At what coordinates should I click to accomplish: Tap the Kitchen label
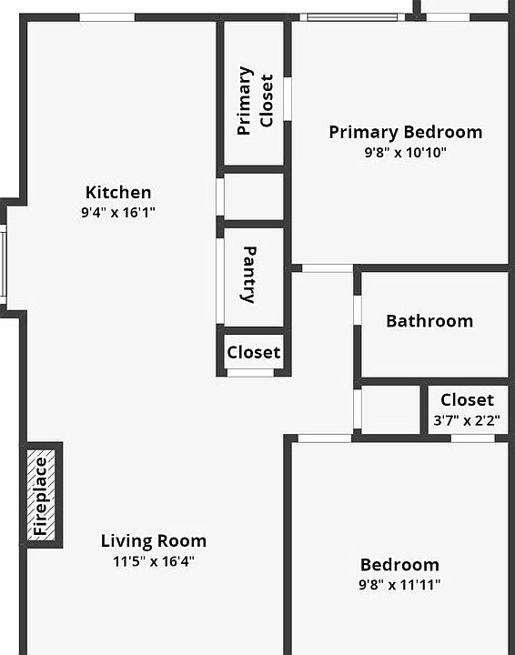[x=118, y=193]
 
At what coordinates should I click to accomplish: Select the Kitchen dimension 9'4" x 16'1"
[x=118, y=213]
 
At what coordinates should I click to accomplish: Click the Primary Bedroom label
[x=405, y=133]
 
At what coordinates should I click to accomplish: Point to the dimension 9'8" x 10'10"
[x=405, y=153]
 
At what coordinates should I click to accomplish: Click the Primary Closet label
[x=255, y=100]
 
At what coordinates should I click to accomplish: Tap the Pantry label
[x=249, y=274]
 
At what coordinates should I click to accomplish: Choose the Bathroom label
[x=429, y=321]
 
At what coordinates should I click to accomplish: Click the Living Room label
[x=153, y=541]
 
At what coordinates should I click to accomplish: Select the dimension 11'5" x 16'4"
[x=153, y=561]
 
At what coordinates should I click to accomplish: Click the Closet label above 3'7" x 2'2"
[x=468, y=400]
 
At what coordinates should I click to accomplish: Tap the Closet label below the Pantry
[x=254, y=353]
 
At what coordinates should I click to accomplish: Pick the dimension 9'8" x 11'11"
[x=399, y=585]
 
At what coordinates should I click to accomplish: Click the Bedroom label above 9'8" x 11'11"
[x=399, y=565]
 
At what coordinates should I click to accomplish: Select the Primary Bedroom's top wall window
[x=353, y=16]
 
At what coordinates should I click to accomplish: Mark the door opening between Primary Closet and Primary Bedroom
[x=288, y=98]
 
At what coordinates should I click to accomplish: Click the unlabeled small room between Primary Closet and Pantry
[x=254, y=196]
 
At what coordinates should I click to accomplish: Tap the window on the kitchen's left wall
[x=3, y=265]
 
